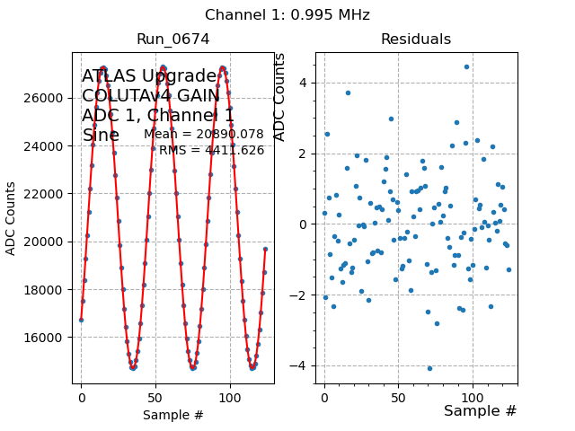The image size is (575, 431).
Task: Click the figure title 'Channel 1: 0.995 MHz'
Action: (x=287, y=14)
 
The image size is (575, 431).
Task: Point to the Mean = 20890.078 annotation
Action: (x=204, y=135)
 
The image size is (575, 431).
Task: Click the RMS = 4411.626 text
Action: (x=211, y=150)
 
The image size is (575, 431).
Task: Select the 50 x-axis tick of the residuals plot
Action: (x=398, y=394)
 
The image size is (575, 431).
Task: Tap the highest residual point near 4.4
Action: (x=466, y=66)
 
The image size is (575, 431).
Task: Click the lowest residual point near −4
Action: (x=429, y=368)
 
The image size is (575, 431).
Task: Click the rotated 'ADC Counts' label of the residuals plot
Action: (x=279, y=97)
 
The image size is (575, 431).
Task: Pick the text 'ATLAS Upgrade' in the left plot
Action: (x=149, y=76)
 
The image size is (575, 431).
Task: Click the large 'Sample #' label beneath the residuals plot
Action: (x=480, y=410)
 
